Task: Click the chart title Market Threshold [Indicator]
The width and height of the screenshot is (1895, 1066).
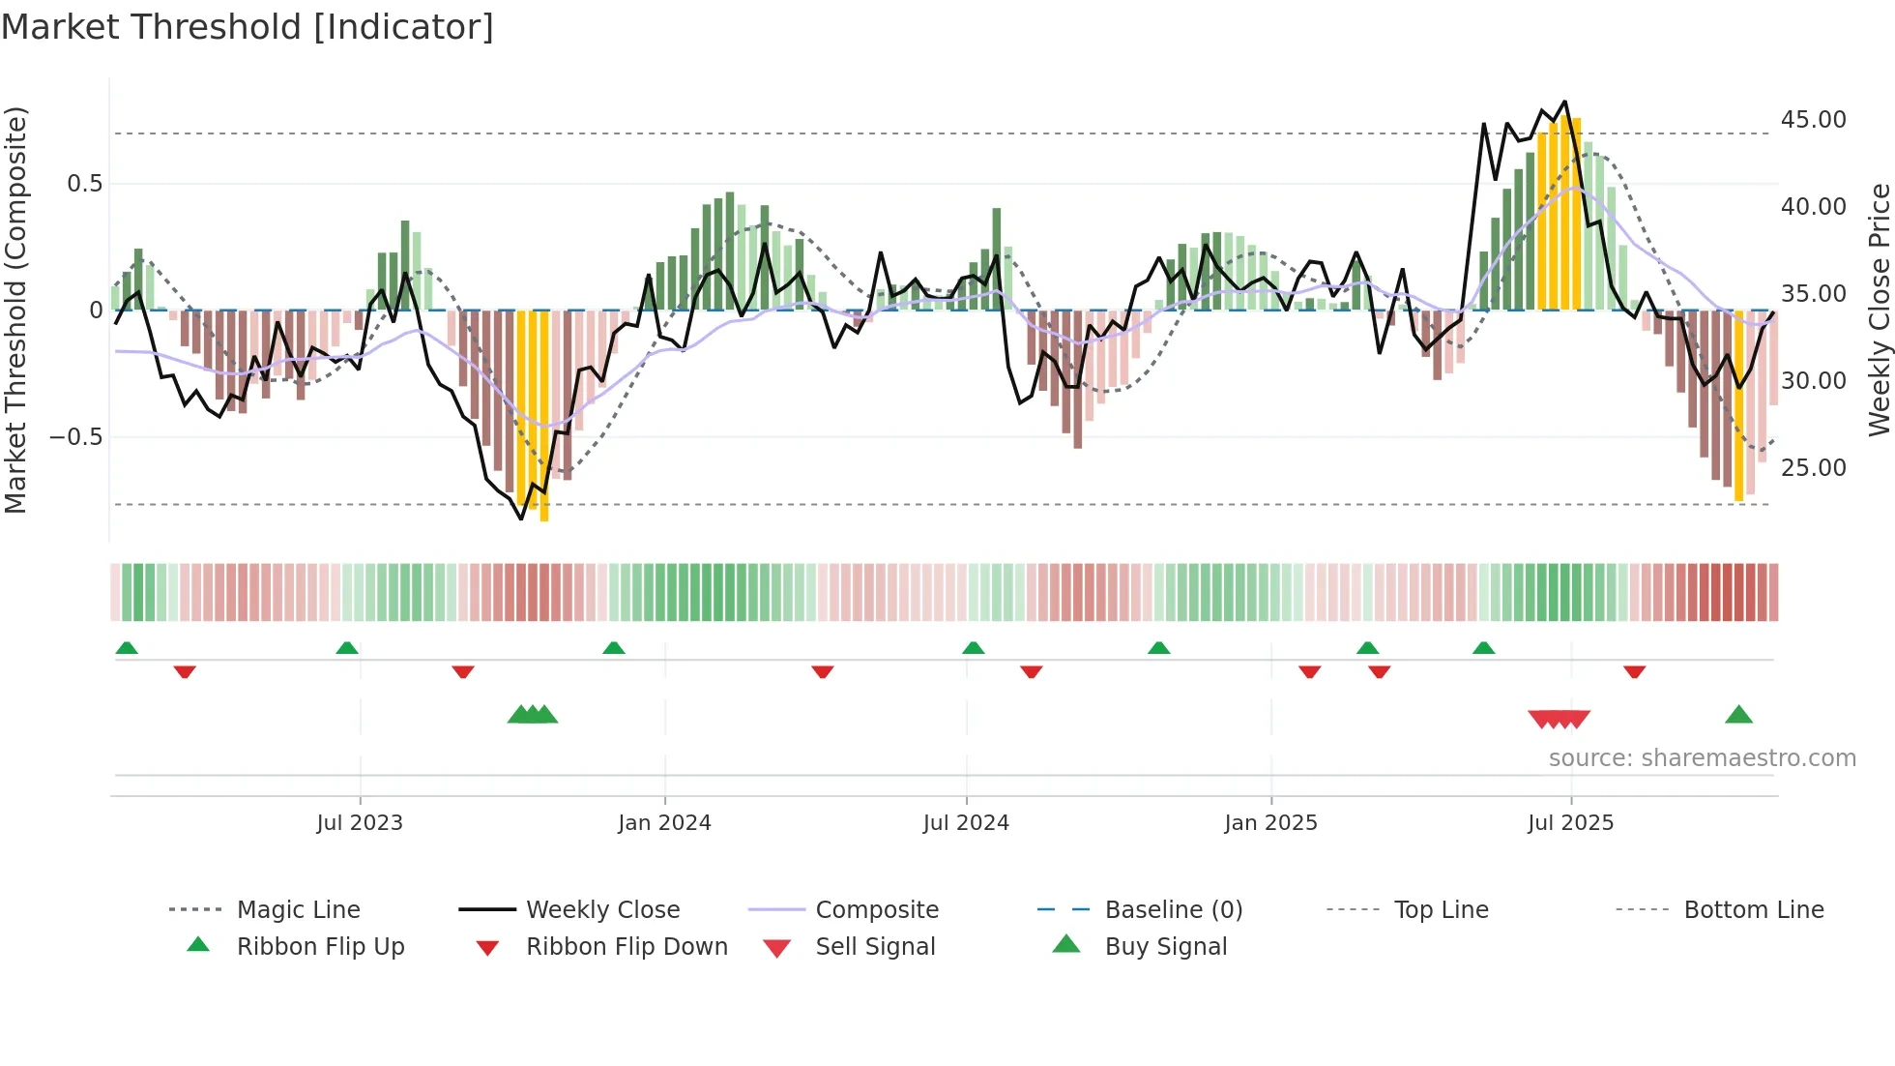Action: pos(248,27)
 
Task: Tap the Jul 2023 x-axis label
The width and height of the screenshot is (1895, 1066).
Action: pos(360,823)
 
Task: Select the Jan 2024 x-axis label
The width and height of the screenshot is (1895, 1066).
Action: pos(664,823)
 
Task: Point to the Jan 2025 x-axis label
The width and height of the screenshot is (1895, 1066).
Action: pos(1270,823)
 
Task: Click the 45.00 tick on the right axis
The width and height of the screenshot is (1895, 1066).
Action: pos(1813,120)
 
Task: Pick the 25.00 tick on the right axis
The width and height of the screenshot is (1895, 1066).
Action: pos(1813,468)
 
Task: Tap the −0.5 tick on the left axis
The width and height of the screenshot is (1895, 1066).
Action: pos(75,437)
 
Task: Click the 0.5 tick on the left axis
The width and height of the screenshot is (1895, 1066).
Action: pos(84,184)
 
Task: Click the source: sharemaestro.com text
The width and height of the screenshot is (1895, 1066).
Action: pos(1702,758)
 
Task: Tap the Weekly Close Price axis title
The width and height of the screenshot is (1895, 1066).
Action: pos(1879,310)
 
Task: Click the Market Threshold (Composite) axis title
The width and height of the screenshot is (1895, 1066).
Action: pos(15,310)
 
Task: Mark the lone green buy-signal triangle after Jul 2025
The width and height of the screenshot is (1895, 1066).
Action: pos(1738,716)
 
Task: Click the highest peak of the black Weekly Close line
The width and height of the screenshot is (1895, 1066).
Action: pos(1565,102)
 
